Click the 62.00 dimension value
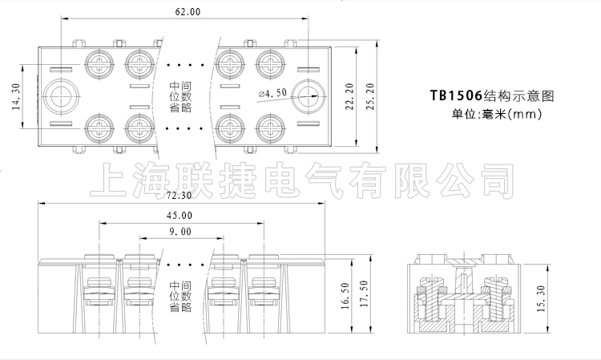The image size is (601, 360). coord(188,12)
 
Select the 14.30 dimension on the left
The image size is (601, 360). coord(16,96)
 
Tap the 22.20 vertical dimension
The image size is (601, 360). coord(349,96)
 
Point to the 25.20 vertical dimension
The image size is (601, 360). coord(370,96)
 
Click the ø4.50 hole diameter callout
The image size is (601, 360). coord(272,93)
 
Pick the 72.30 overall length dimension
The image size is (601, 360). coord(179,195)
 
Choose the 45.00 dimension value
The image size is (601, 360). coord(179,216)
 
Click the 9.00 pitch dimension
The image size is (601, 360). coord(180,232)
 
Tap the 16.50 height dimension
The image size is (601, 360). coord(345,296)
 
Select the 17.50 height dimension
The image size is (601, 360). coord(364,293)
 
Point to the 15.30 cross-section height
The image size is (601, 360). coord(541,298)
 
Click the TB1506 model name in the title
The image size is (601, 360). coord(455,95)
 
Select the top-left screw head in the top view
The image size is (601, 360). coord(99,64)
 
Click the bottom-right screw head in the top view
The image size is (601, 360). coord(270,127)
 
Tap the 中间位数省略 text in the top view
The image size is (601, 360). coord(180,96)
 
